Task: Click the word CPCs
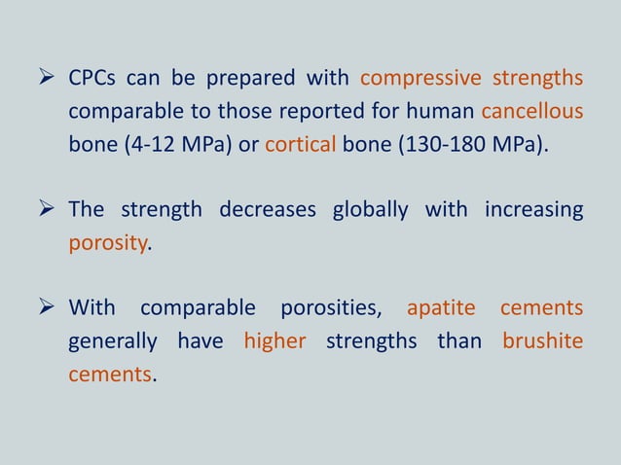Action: [93, 78]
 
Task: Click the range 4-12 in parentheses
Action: [135, 145]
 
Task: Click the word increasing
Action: [532, 210]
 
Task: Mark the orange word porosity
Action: [106, 243]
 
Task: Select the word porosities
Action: [332, 309]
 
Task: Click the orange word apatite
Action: [441, 309]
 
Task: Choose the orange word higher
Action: [274, 342]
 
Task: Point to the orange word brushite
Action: [543, 342]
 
